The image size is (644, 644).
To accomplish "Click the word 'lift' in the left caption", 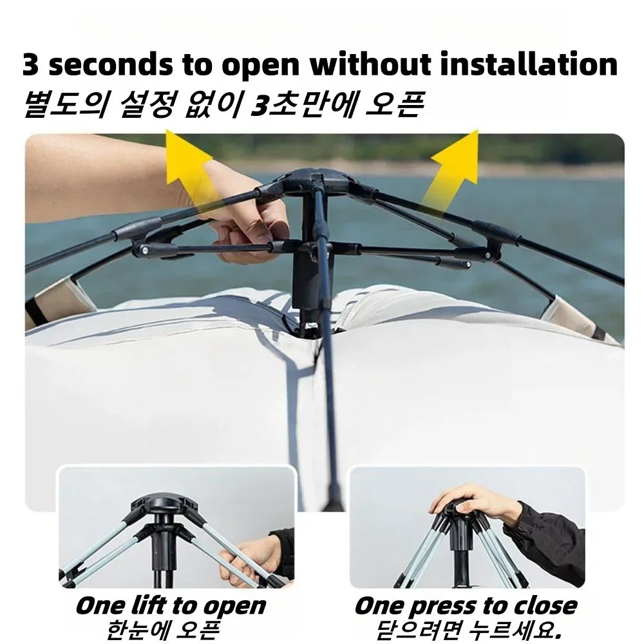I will [152, 605].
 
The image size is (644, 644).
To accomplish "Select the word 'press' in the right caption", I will [445, 605].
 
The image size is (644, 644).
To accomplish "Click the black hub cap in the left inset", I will [160, 506].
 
